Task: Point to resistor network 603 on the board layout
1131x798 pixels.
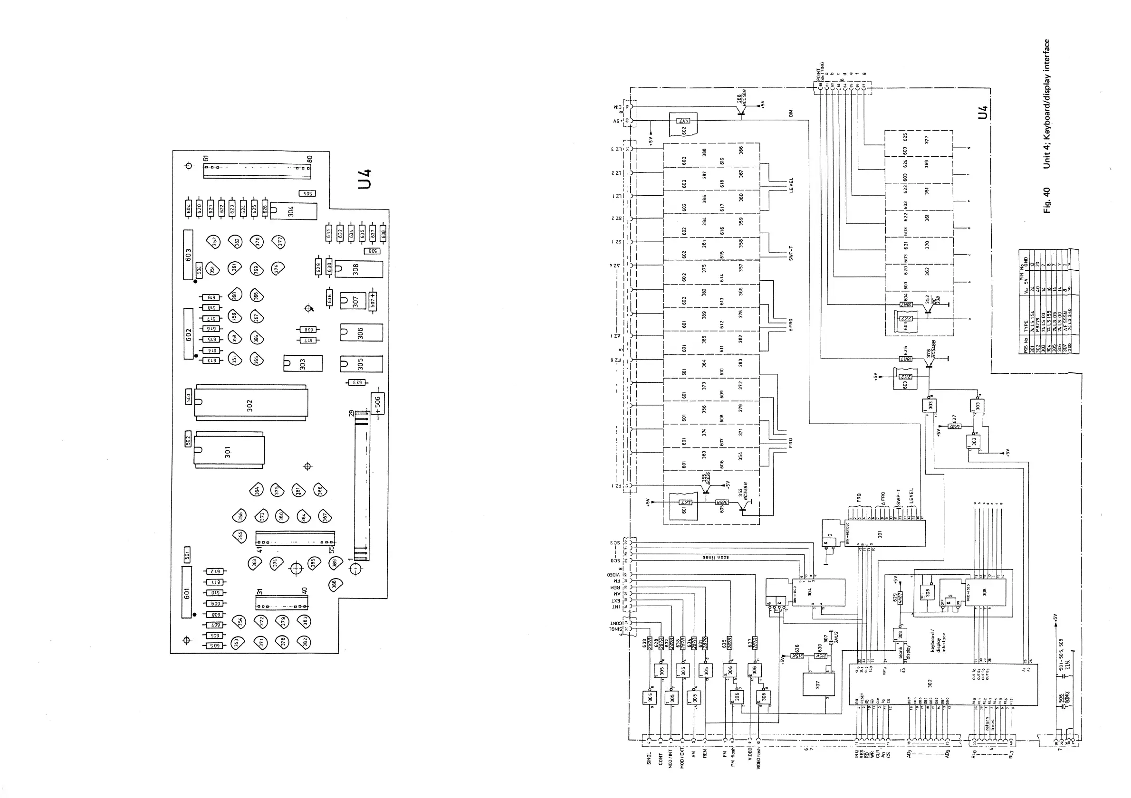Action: click(x=188, y=255)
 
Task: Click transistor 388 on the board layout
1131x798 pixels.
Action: click(x=335, y=585)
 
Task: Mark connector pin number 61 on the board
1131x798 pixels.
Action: click(x=207, y=158)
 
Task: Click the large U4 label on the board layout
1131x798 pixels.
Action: click(x=365, y=179)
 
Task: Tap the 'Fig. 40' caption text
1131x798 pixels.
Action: click(x=1047, y=200)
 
